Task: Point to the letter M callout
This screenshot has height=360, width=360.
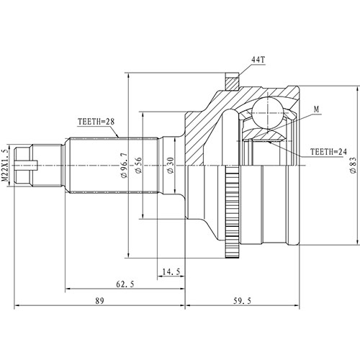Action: tap(316, 109)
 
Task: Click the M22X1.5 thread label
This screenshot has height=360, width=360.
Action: tap(6, 164)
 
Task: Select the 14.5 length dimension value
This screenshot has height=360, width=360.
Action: tap(171, 273)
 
